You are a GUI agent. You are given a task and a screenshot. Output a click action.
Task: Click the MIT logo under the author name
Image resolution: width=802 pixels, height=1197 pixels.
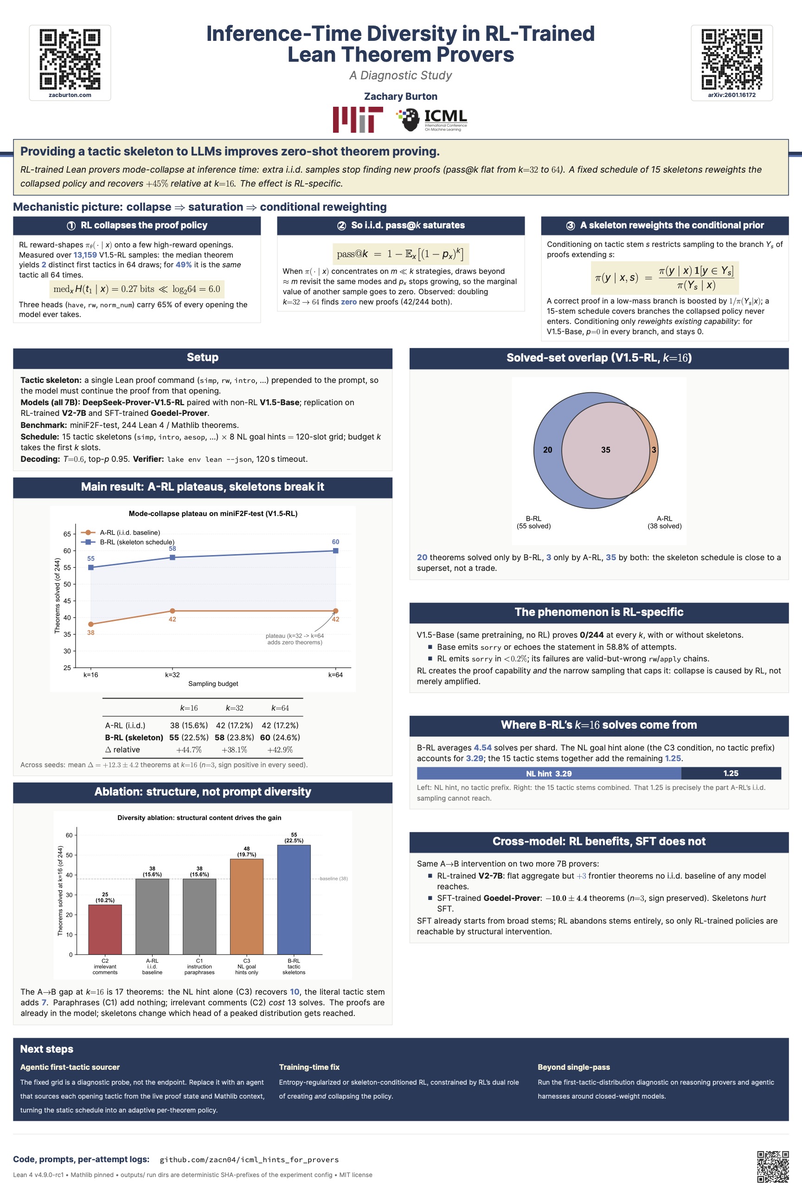point(358,120)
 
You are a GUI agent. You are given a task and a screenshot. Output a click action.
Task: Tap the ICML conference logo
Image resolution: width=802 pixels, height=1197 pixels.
point(432,120)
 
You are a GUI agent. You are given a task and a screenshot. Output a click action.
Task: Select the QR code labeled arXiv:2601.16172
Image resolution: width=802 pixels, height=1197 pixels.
point(731,59)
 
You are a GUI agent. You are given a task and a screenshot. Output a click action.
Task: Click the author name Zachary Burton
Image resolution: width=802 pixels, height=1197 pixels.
point(400,96)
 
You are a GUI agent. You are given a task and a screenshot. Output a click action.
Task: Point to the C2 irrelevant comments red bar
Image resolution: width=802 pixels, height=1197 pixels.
point(105,929)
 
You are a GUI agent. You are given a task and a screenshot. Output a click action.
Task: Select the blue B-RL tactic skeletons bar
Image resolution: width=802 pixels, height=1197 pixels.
point(294,899)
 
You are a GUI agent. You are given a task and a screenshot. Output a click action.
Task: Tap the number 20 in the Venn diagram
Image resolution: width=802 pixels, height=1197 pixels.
point(547,450)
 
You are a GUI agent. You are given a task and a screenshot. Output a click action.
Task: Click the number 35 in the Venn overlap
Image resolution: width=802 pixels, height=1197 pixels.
point(606,450)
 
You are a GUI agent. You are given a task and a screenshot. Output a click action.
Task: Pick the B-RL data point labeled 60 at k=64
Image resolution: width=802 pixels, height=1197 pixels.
point(335,550)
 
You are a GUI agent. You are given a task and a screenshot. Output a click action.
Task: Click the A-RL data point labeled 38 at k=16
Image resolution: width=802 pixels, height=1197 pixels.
point(90,624)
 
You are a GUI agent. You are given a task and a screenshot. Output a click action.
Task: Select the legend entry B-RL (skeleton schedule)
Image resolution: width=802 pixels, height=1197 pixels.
point(128,542)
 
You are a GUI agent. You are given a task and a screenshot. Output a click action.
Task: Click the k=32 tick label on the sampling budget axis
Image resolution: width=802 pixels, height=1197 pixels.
point(173,675)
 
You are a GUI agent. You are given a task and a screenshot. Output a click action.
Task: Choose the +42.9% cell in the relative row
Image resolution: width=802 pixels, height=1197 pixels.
point(280,750)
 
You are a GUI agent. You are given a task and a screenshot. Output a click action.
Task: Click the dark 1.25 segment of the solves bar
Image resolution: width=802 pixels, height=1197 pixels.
point(731,773)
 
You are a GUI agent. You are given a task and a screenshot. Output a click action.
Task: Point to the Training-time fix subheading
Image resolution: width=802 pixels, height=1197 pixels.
point(309,1067)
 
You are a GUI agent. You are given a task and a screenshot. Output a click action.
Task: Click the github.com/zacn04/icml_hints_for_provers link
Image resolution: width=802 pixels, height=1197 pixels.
point(249,1160)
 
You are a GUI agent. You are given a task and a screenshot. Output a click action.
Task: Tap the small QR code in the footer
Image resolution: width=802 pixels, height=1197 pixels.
point(773,1167)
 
